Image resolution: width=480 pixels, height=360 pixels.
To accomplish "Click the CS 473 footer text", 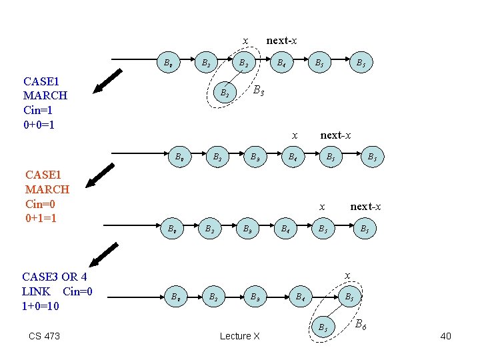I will tap(44, 336).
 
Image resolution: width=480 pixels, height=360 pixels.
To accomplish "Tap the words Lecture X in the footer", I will tap(239, 336).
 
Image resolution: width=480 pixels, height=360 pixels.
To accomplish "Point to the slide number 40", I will tap(445, 336).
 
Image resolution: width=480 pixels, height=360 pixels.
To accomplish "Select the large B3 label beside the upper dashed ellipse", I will tap(259, 91).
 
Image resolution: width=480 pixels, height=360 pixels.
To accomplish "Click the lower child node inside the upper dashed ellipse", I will tap(225, 93).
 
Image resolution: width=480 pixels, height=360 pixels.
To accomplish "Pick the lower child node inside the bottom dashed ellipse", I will tap(322, 327).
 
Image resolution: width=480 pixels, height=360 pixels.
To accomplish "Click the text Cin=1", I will tap(42, 110).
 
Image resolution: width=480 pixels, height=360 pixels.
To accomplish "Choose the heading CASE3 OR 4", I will tap(54, 277).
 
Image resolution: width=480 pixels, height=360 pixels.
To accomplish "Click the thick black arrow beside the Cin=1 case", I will tap(108, 81).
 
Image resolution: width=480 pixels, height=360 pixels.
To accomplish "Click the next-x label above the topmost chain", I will tap(281, 41).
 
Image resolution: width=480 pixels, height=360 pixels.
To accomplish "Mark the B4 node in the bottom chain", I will tap(301, 296).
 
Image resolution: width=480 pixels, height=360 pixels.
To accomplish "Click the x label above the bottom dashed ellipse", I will tap(346, 275).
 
